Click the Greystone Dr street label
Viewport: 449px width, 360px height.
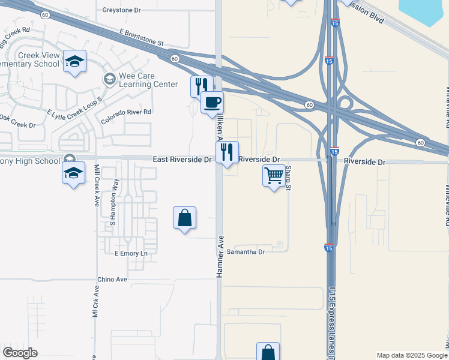pyautogui.click(x=121, y=10)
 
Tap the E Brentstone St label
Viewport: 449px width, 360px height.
pyautogui.click(x=141, y=38)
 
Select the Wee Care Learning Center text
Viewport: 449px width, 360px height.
pyautogui.click(x=146, y=80)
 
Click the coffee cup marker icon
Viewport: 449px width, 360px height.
pyautogui.click(x=211, y=102)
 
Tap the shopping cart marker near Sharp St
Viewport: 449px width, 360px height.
pyautogui.click(x=274, y=176)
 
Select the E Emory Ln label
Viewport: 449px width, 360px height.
pyautogui.click(x=130, y=254)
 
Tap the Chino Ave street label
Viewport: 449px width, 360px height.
pyautogui.click(x=113, y=280)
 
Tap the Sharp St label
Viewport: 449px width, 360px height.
pyautogui.click(x=288, y=178)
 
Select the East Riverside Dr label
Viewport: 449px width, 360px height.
pyautogui.click(x=182, y=160)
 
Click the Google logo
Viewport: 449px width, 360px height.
pyautogui.click(x=20, y=353)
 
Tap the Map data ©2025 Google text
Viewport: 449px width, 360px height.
pyautogui.click(x=411, y=355)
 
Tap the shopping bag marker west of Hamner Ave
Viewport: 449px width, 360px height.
pyautogui.click(x=184, y=217)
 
